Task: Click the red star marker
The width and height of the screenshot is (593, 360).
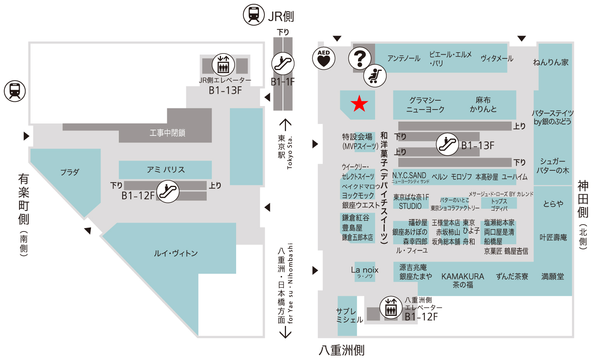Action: pyautogui.click(x=359, y=103)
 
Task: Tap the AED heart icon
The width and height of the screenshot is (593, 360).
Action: pyautogui.click(x=324, y=59)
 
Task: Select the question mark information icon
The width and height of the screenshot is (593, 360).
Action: pyautogui.click(x=360, y=58)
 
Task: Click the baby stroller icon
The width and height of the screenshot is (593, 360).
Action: pyautogui.click(x=375, y=75)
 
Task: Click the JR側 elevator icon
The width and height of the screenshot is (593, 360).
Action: pyautogui.click(x=223, y=65)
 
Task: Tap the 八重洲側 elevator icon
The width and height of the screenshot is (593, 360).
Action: pyautogui.click(x=391, y=307)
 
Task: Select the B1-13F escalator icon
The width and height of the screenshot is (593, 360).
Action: pyautogui.click(x=447, y=144)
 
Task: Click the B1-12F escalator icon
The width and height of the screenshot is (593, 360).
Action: pyautogui.click(x=168, y=191)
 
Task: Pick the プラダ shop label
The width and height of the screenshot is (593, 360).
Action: pyautogui.click(x=70, y=172)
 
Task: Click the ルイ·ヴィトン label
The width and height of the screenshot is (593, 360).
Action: pyautogui.click(x=176, y=254)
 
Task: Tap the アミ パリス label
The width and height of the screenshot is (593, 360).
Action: pyautogui.click(x=166, y=170)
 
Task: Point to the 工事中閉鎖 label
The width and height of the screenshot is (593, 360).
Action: pyautogui.click(x=167, y=133)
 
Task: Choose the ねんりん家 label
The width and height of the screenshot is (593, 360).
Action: pyautogui.click(x=550, y=62)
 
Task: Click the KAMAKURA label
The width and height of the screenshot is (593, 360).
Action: pyautogui.click(x=463, y=276)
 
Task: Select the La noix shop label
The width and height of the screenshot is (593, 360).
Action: pyautogui.click(x=365, y=270)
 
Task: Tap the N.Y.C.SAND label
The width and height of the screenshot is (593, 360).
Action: pyautogui.click(x=409, y=175)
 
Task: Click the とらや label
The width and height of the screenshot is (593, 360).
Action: pyautogui.click(x=553, y=204)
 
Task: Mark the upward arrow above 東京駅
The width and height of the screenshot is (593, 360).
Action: pyautogui.click(x=285, y=125)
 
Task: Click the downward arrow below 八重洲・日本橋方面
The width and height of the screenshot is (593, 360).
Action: pyautogui.click(x=285, y=332)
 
